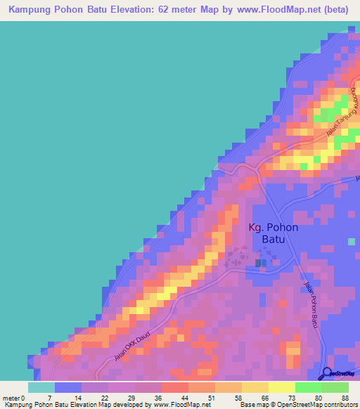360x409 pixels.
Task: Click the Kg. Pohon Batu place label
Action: (274, 233)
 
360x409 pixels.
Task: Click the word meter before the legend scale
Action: (11, 398)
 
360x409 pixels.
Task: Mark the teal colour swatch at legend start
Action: (41, 387)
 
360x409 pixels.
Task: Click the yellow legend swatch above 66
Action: (255, 387)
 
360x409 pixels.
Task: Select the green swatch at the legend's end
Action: (335, 387)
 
